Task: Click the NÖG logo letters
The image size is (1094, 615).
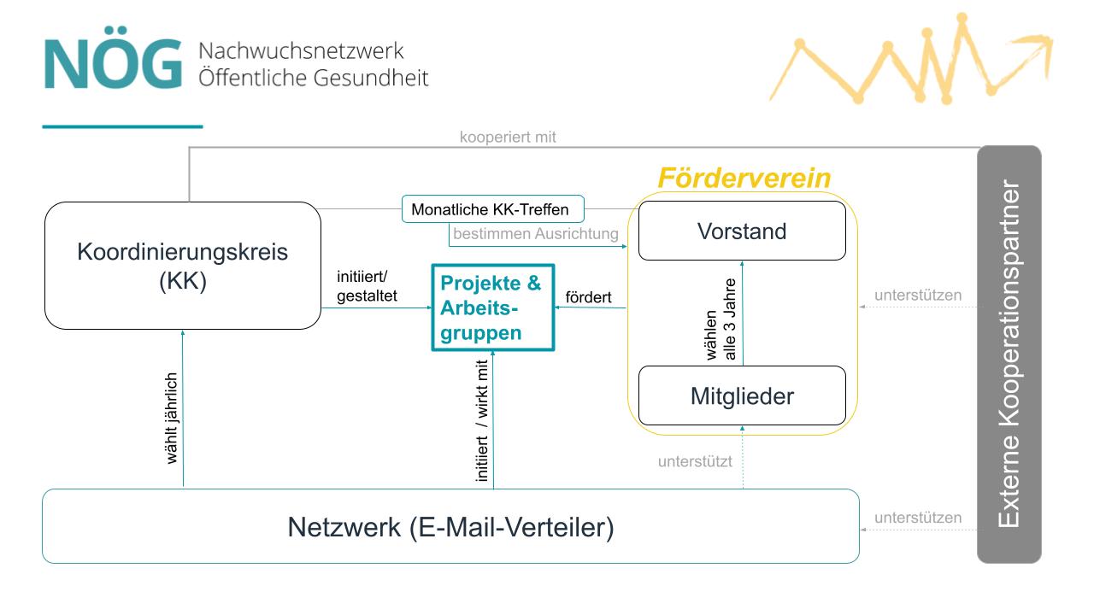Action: [x=113, y=64]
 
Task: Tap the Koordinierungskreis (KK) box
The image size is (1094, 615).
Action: [x=183, y=266]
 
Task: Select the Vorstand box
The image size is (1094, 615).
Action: [x=742, y=231]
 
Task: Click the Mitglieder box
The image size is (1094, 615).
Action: [x=742, y=396]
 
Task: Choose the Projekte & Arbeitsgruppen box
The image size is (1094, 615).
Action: [x=492, y=307]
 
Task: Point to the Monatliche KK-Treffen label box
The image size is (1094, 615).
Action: [x=490, y=209]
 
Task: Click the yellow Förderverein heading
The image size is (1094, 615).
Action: [x=744, y=179]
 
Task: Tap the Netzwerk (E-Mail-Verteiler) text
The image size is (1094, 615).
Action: [x=450, y=527]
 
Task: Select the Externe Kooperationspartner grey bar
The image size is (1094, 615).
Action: [x=1009, y=354]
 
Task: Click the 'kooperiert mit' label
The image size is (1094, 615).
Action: [x=508, y=137]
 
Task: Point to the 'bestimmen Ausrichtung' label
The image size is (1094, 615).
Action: [x=536, y=233]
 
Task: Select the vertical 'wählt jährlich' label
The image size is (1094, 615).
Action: [x=172, y=418]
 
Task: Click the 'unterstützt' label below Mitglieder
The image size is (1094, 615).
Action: [x=695, y=462]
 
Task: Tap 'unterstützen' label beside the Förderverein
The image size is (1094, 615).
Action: [x=918, y=296]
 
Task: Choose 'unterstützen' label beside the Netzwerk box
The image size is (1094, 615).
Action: [x=918, y=518]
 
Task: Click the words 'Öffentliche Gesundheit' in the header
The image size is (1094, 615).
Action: [x=313, y=78]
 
